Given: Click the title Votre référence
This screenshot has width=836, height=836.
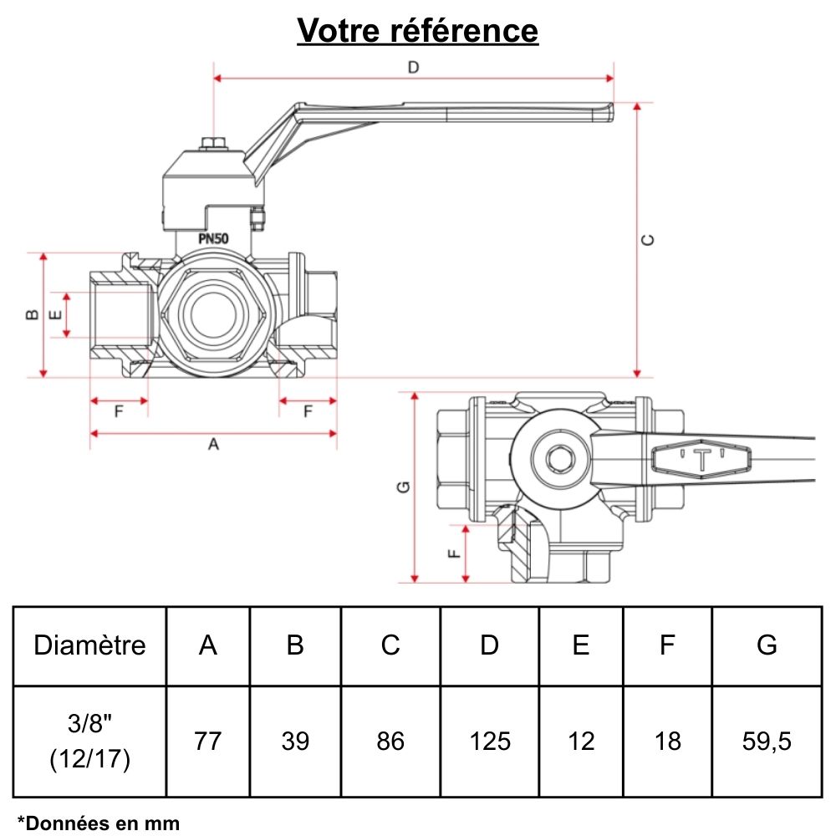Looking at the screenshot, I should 418,31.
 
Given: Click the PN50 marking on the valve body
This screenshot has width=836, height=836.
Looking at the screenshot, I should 214,238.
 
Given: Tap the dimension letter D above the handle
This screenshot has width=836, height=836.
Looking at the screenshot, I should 413,68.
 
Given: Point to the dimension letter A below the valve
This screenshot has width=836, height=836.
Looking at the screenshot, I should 213,446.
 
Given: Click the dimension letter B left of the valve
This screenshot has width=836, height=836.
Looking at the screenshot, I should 30,314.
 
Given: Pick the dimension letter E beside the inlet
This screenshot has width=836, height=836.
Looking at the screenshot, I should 55,315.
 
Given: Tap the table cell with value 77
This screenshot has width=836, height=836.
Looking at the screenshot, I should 207,741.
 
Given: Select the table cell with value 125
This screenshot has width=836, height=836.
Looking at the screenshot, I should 490,741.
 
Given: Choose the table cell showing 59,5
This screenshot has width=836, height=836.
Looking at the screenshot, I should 767,741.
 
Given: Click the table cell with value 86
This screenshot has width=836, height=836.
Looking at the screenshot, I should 390,741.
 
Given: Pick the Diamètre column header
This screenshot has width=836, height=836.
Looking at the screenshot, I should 89,645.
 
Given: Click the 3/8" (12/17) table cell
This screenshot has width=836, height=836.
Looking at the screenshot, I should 89,742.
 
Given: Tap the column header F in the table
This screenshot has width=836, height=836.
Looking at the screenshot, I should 667,645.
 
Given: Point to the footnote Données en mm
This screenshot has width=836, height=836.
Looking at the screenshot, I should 99,823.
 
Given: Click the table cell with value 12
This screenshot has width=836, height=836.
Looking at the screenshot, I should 581,741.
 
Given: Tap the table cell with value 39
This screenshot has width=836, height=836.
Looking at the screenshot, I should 295,741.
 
